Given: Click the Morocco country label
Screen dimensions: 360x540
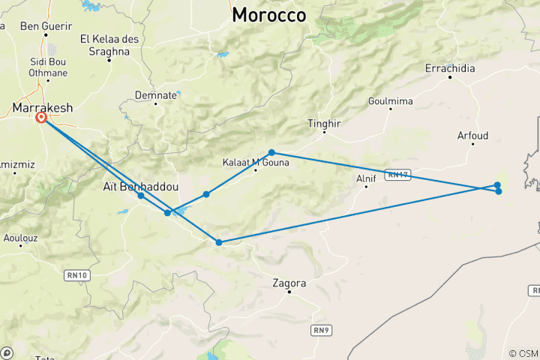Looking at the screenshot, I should pos(269,15).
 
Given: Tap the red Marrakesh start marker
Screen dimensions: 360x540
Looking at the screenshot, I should pos(41,118).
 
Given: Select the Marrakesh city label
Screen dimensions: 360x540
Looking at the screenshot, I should pos(43,108).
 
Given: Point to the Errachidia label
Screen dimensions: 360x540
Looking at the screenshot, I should pos(450,68).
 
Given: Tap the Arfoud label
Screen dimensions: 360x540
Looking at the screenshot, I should pos(472,136).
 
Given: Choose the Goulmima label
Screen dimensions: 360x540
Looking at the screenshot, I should pos(391,101).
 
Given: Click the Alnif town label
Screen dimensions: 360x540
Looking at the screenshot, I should pos(366,178).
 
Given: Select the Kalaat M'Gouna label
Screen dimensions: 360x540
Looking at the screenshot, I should pos(255,161).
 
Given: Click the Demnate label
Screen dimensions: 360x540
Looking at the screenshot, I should pos(155,95).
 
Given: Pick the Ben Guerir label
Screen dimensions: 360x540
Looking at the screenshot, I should pos(40,26).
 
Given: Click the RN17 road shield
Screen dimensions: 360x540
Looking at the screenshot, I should pos(396,175).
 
